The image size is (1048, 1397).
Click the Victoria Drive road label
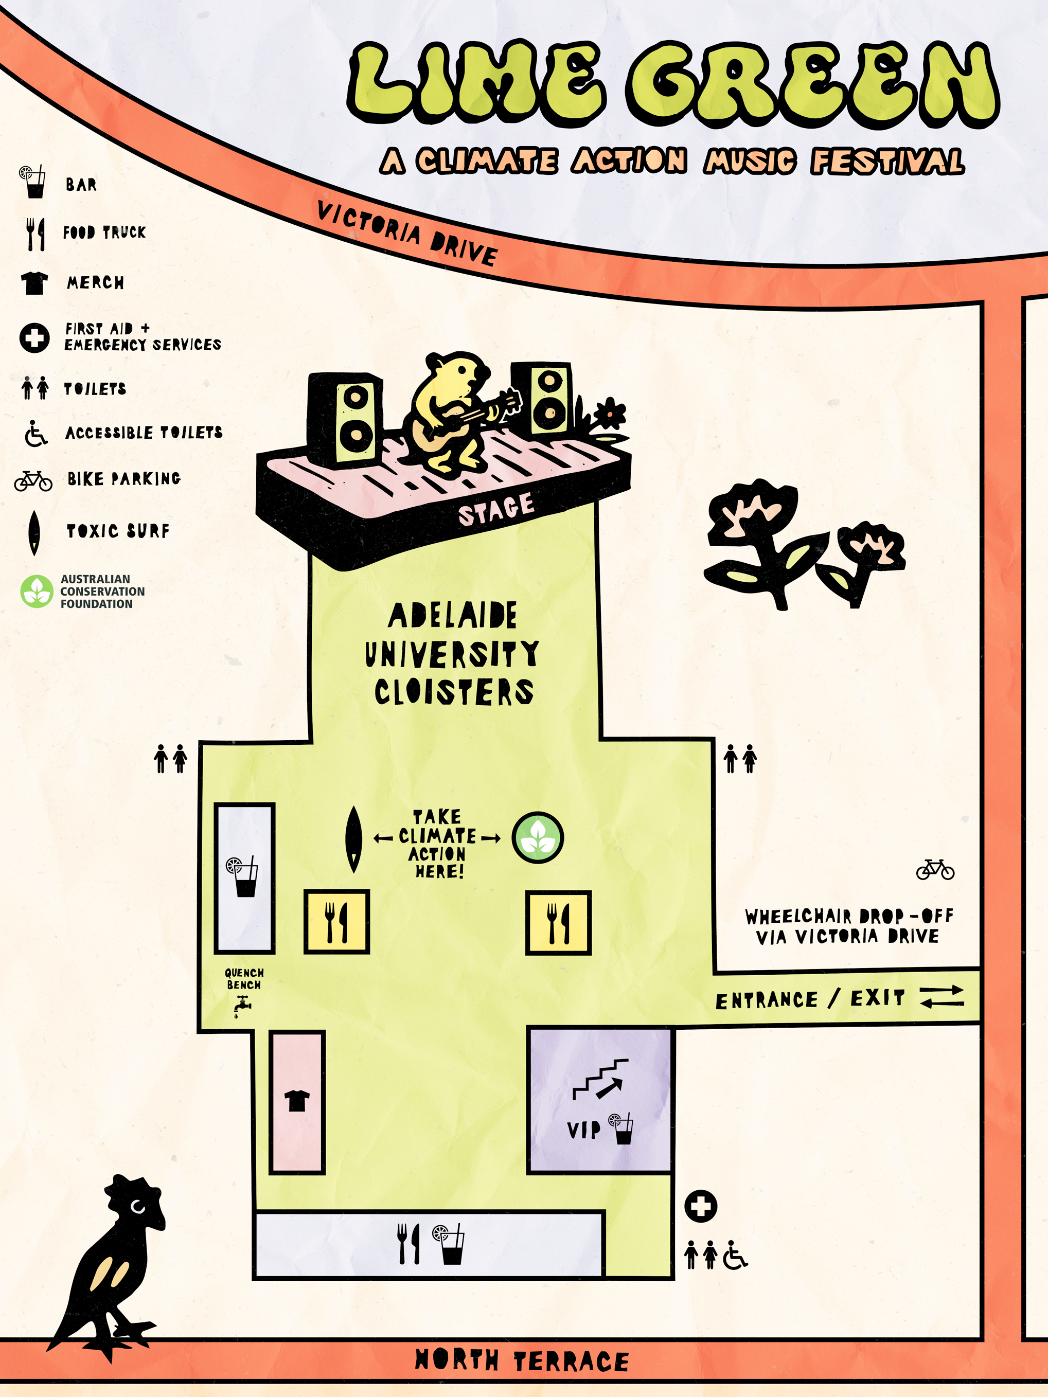(407, 234)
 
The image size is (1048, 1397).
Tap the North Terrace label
(521, 1360)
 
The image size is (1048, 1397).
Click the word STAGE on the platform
(496, 509)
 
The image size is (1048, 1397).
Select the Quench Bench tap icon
(242, 1006)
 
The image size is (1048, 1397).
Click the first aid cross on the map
(701, 1206)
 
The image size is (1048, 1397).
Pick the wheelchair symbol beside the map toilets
(735, 1255)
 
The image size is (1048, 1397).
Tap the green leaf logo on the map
(538, 837)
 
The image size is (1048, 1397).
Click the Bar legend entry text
(81, 185)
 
